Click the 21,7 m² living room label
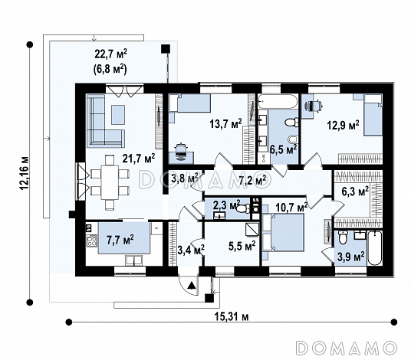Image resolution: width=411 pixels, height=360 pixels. point(139,159)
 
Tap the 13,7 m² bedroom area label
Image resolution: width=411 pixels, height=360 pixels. point(225,123)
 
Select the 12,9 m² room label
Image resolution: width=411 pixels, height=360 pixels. point(343,125)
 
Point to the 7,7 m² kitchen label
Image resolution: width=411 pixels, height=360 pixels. point(120,239)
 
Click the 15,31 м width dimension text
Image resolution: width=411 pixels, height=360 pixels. point(232,317)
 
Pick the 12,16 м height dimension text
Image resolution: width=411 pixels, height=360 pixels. point(24,174)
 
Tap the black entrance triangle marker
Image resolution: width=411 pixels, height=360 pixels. point(192,285)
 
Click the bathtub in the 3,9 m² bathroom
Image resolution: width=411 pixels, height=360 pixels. point(374,247)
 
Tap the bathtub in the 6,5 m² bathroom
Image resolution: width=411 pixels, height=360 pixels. point(278,102)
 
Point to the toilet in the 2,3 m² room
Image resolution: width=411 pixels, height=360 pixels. point(243,208)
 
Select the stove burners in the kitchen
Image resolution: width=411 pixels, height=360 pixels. point(92,241)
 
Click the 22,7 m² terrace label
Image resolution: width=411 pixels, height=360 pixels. point(111,54)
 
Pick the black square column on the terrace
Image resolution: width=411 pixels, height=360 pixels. point(166,49)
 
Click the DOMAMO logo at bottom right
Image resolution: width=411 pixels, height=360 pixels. point(346,348)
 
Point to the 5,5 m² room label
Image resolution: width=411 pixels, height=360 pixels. point(242,246)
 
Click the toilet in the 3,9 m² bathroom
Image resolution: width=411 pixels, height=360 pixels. point(343,237)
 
